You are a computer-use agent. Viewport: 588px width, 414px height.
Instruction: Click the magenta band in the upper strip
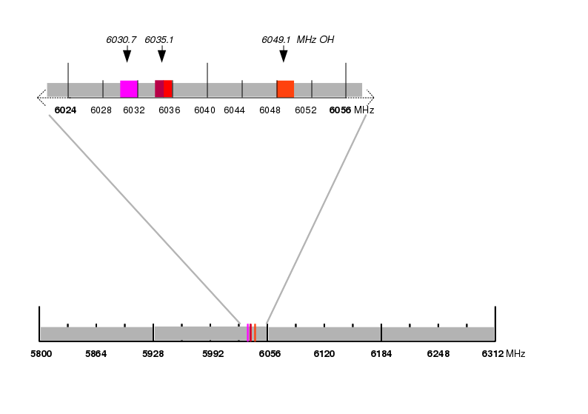pyautogui.click(x=129, y=89)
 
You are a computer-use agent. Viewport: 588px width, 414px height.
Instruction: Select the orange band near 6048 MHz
pyautogui.click(x=285, y=89)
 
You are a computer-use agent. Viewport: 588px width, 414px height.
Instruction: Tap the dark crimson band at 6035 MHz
pyautogui.click(x=159, y=89)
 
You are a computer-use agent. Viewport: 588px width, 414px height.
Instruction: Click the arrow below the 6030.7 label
pyautogui.click(x=127, y=54)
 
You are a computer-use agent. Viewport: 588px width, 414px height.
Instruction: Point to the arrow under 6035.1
pyautogui.click(x=161, y=54)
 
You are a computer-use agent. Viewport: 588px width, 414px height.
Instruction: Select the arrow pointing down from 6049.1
pyautogui.click(x=284, y=54)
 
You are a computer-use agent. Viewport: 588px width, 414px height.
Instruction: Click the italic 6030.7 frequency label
pyautogui.click(x=121, y=40)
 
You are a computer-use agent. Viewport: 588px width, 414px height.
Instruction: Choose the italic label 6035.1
pyautogui.click(x=159, y=40)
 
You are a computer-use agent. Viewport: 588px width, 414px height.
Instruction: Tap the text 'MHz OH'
pyautogui.click(x=315, y=40)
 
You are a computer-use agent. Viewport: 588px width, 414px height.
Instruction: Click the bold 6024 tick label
pyautogui.click(x=65, y=110)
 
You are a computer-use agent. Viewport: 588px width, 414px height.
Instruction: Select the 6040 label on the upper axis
pyautogui.click(x=204, y=110)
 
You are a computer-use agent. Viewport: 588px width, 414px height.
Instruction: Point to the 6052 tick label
pyautogui.click(x=306, y=110)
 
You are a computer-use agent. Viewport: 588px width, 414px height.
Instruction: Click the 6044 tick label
pyautogui.click(x=234, y=110)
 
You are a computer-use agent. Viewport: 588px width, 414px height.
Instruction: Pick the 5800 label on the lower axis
pyautogui.click(x=41, y=354)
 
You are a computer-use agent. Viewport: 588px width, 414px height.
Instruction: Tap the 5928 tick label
pyautogui.click(x=153, y=354)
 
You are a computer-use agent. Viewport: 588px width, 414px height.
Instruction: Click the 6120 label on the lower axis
pyautogui.click(x=324, y=354)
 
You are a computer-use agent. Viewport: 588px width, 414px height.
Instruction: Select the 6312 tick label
pyautogui.click(x=492, y=354)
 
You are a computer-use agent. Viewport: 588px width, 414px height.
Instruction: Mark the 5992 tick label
pyautogui.click(x=213, y=354)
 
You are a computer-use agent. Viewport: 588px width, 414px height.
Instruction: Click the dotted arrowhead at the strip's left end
pyautogui.click(x=41, y=98)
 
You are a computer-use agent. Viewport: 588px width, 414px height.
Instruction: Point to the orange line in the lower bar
pyautogui.click(x=255, y=333)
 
